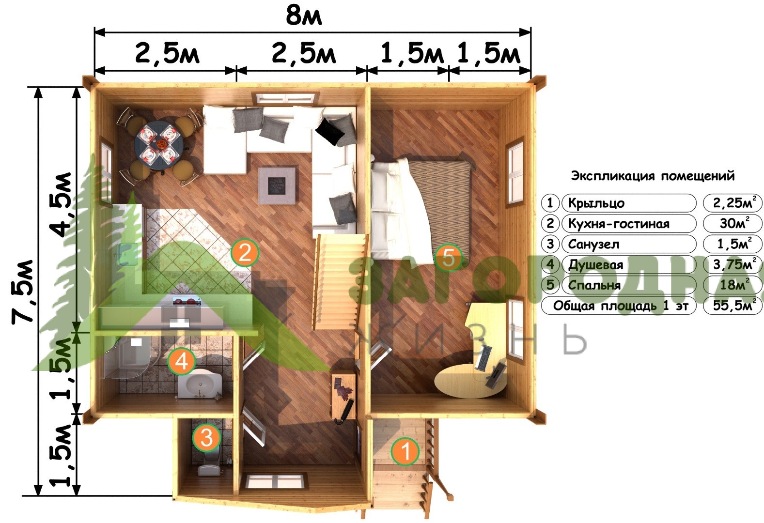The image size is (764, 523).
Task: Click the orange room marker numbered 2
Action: tap(245, 253)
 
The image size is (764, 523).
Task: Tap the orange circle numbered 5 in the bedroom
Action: tap(449, 258)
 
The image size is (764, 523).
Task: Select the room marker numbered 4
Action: tap(182, 361)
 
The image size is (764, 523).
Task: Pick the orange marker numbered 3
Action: tap(206, 437)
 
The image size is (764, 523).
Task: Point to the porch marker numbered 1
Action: tap(405, 451)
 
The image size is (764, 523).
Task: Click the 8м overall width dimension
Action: tap(304, 16)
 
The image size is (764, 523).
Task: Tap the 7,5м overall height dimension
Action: tap(23, 292)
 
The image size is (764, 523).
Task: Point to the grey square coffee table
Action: tap(277, 185)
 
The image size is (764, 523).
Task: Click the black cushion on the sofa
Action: tap(330, 131)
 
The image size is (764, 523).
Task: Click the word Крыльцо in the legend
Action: tap(596, 203)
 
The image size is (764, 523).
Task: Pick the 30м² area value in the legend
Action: tap(734, 223)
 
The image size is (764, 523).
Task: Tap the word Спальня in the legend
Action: tap(594, 285)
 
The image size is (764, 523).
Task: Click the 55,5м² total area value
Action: tap(733, 305)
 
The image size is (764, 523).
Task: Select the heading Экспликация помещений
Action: tap(653, 176)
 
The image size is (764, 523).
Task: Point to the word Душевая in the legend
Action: tap(595, 265)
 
